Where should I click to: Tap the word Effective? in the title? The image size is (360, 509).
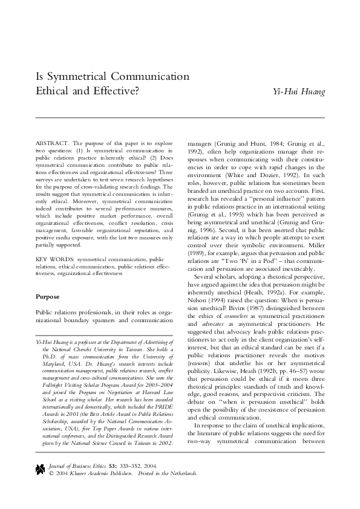[x=117, y=92]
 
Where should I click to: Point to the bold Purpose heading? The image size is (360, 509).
[x=48, y=297]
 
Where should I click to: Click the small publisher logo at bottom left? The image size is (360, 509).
[x=41, y=468]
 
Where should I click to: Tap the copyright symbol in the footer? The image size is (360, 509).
[x=50, y=473]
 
